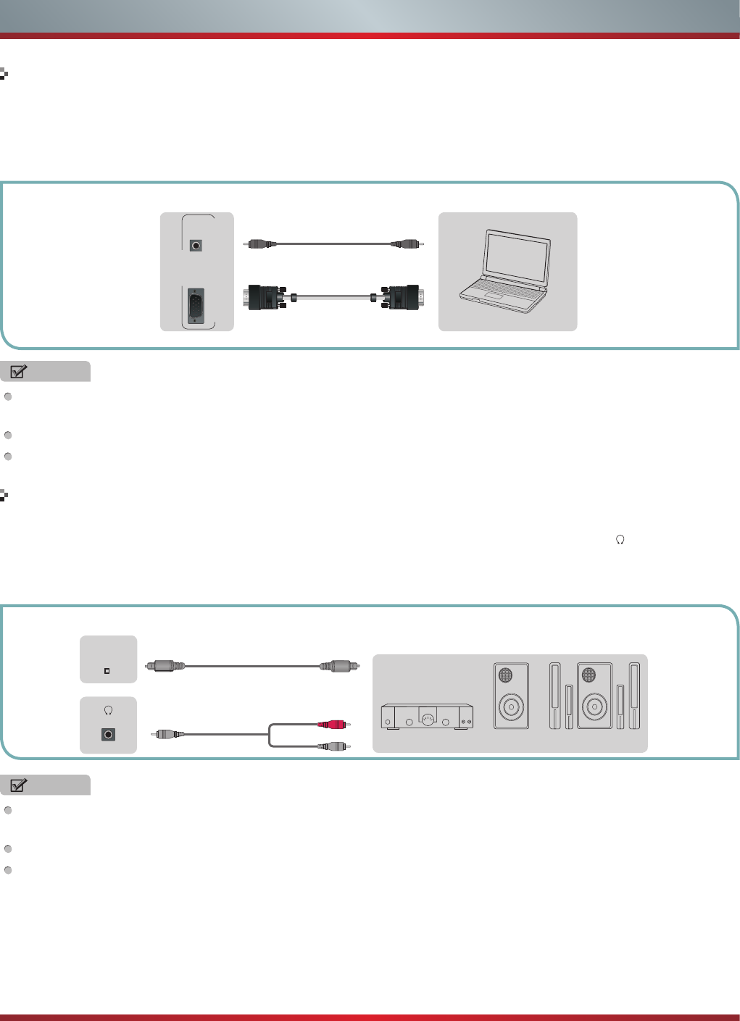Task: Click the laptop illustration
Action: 506,272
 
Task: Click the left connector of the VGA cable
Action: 265,298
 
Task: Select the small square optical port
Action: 107,671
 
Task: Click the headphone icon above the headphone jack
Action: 108,710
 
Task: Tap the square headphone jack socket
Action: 108,735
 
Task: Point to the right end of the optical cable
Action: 338,665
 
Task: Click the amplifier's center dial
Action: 428,719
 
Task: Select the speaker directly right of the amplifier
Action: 512,696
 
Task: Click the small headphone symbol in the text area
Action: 620,540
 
